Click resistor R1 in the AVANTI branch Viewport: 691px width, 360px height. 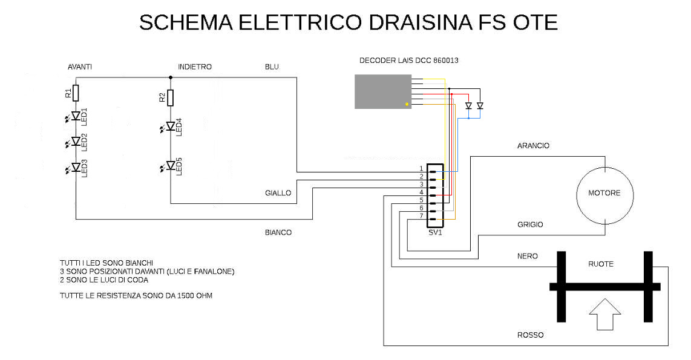tap(76, 93)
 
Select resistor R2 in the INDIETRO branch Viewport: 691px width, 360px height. tap(171, 97)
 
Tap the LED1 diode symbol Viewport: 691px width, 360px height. tap(76, 116)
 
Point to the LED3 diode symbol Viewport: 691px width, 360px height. tap(76, 167)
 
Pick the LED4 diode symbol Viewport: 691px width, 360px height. tap(171, 126)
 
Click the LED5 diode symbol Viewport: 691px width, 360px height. tap(171, 166)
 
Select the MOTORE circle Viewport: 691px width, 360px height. tap(604, 194)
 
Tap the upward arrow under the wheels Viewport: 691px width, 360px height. tap(605, 315)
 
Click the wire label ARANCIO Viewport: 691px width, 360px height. tap(533, 146)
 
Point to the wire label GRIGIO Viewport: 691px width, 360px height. tap(530, 224)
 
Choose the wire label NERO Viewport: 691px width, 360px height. tap(528, 256)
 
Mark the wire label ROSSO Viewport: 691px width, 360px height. tap(530, 335)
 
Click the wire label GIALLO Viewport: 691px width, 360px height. tap(278, 194)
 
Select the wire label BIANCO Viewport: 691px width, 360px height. tap(278, 232)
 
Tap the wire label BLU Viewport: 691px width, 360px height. tap(272, 67)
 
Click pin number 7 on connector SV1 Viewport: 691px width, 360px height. tap(421, 216)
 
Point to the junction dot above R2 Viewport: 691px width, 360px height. tap(171, 77)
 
